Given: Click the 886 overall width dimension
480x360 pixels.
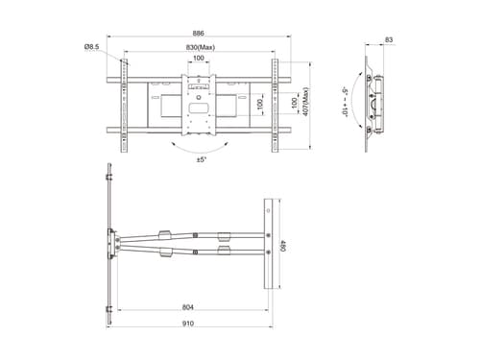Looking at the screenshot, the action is [x=199, y=33].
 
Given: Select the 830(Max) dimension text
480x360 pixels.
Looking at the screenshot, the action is [x=201, y=47].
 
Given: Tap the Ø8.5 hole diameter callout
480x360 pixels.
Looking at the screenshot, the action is [x=92, y=47].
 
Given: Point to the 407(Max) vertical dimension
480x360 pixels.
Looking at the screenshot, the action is [x=305, y=102].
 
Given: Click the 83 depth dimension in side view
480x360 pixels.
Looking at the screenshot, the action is [x=389, y=40].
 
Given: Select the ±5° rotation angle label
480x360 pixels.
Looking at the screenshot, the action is [x=202, y=159].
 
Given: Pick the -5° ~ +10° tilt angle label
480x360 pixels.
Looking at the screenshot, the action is [x=345, y=102].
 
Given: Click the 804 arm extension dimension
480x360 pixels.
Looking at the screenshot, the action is [x=188, y=307].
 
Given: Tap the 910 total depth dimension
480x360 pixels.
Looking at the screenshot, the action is [x=188, y=324].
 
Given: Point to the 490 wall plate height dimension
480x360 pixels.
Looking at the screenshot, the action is [x=283, y=245].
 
